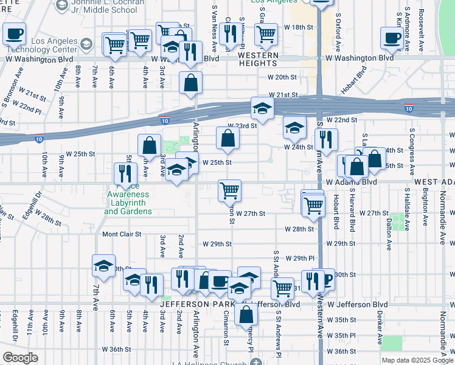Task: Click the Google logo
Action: (x=20, y=358)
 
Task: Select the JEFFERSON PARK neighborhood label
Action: (x=194, y=303)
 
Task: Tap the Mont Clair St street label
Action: (x=122, y=234)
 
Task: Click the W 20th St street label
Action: (x=286, y=77)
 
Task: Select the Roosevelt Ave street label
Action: (x=421, y=30)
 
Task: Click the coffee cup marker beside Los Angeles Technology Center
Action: (x=14, y=34)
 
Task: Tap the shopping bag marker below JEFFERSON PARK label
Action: (x=246, y=314)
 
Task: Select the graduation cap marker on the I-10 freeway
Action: (x=263, y=108)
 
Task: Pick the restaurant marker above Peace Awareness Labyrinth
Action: (x=125, y=173)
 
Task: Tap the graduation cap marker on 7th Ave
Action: (x=104, y=265)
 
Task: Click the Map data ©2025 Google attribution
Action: (x=417, y=360)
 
